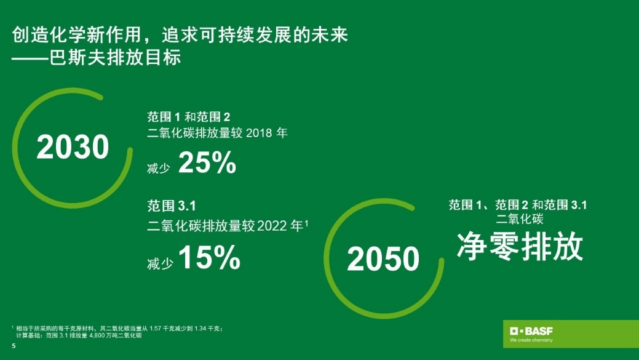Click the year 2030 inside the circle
tap(73, 147)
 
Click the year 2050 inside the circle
tap(383, 258)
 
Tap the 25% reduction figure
tap(207, 162)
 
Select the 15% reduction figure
tap(209, 257)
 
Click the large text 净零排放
tap(520, 247)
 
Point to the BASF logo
tap(531, 330)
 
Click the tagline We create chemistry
tap(531, 340)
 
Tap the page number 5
tap(14, 346)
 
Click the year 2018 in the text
tap(259, 134)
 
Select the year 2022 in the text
tap(272, 226)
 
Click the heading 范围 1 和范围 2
tap(189, 117)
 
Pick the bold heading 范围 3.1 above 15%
tap(172, 206)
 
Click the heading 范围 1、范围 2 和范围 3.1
tap(518, 205)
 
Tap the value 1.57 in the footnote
tap(155, 329)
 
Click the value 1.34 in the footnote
tap(201, 329)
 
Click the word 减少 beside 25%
tap(159, 168)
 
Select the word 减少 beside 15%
tap(160, 264)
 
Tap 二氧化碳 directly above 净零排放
tap(520, 219)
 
